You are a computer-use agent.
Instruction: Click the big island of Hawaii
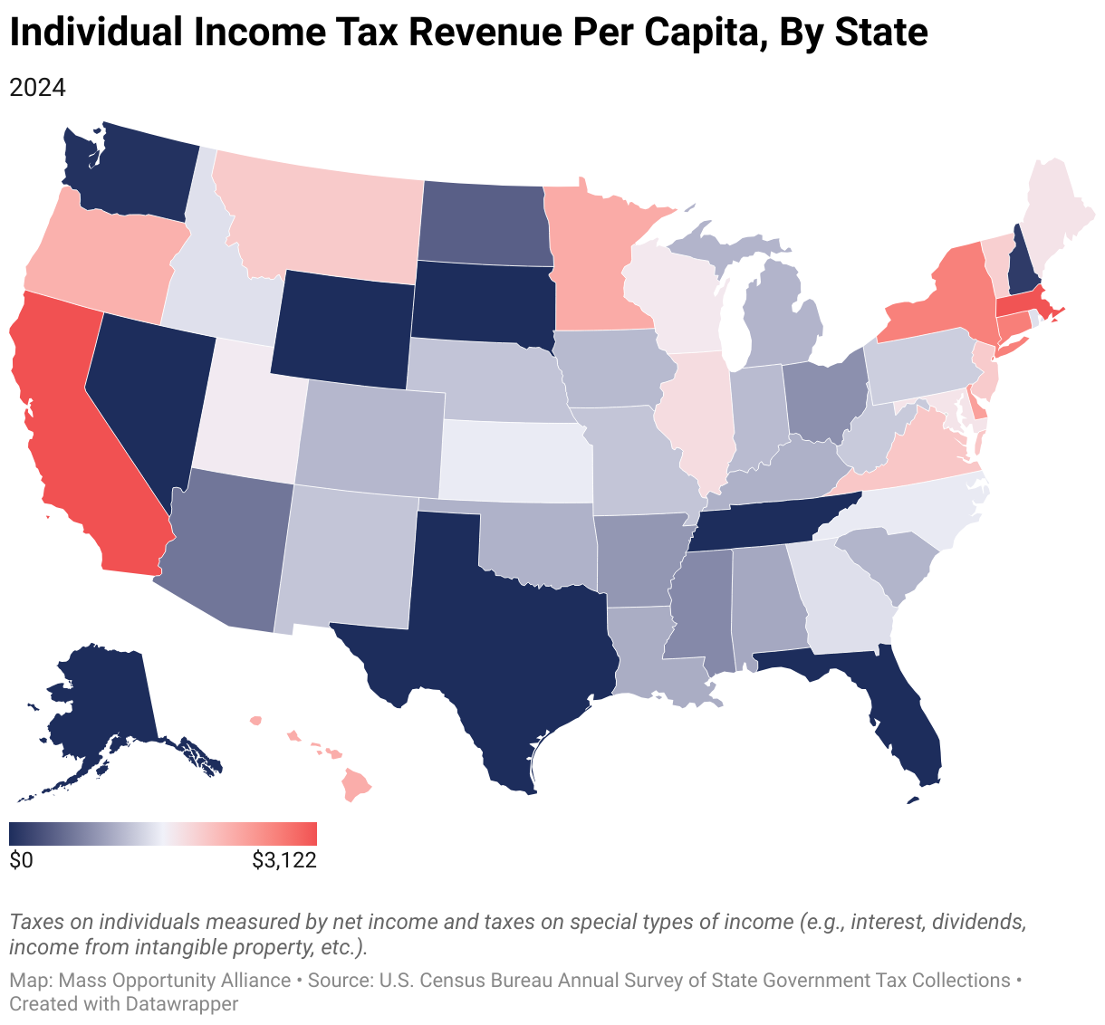coord(356,784)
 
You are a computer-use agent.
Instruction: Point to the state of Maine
coord(1054,212)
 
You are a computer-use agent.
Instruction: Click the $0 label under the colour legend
coord(21,859)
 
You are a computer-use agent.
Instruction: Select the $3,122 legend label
coord(284,859)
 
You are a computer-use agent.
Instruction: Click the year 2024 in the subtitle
coord(37,87)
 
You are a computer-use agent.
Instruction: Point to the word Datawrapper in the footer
coord(181,1003)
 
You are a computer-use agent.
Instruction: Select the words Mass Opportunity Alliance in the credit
coord(174,980)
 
